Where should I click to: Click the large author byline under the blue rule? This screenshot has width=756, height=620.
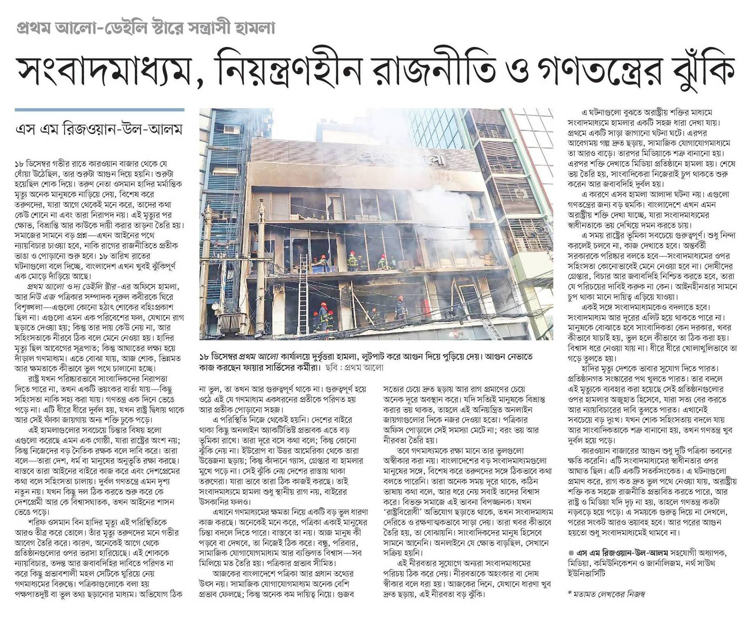point(98,130)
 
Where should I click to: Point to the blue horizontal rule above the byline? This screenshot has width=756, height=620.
point(99,110)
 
